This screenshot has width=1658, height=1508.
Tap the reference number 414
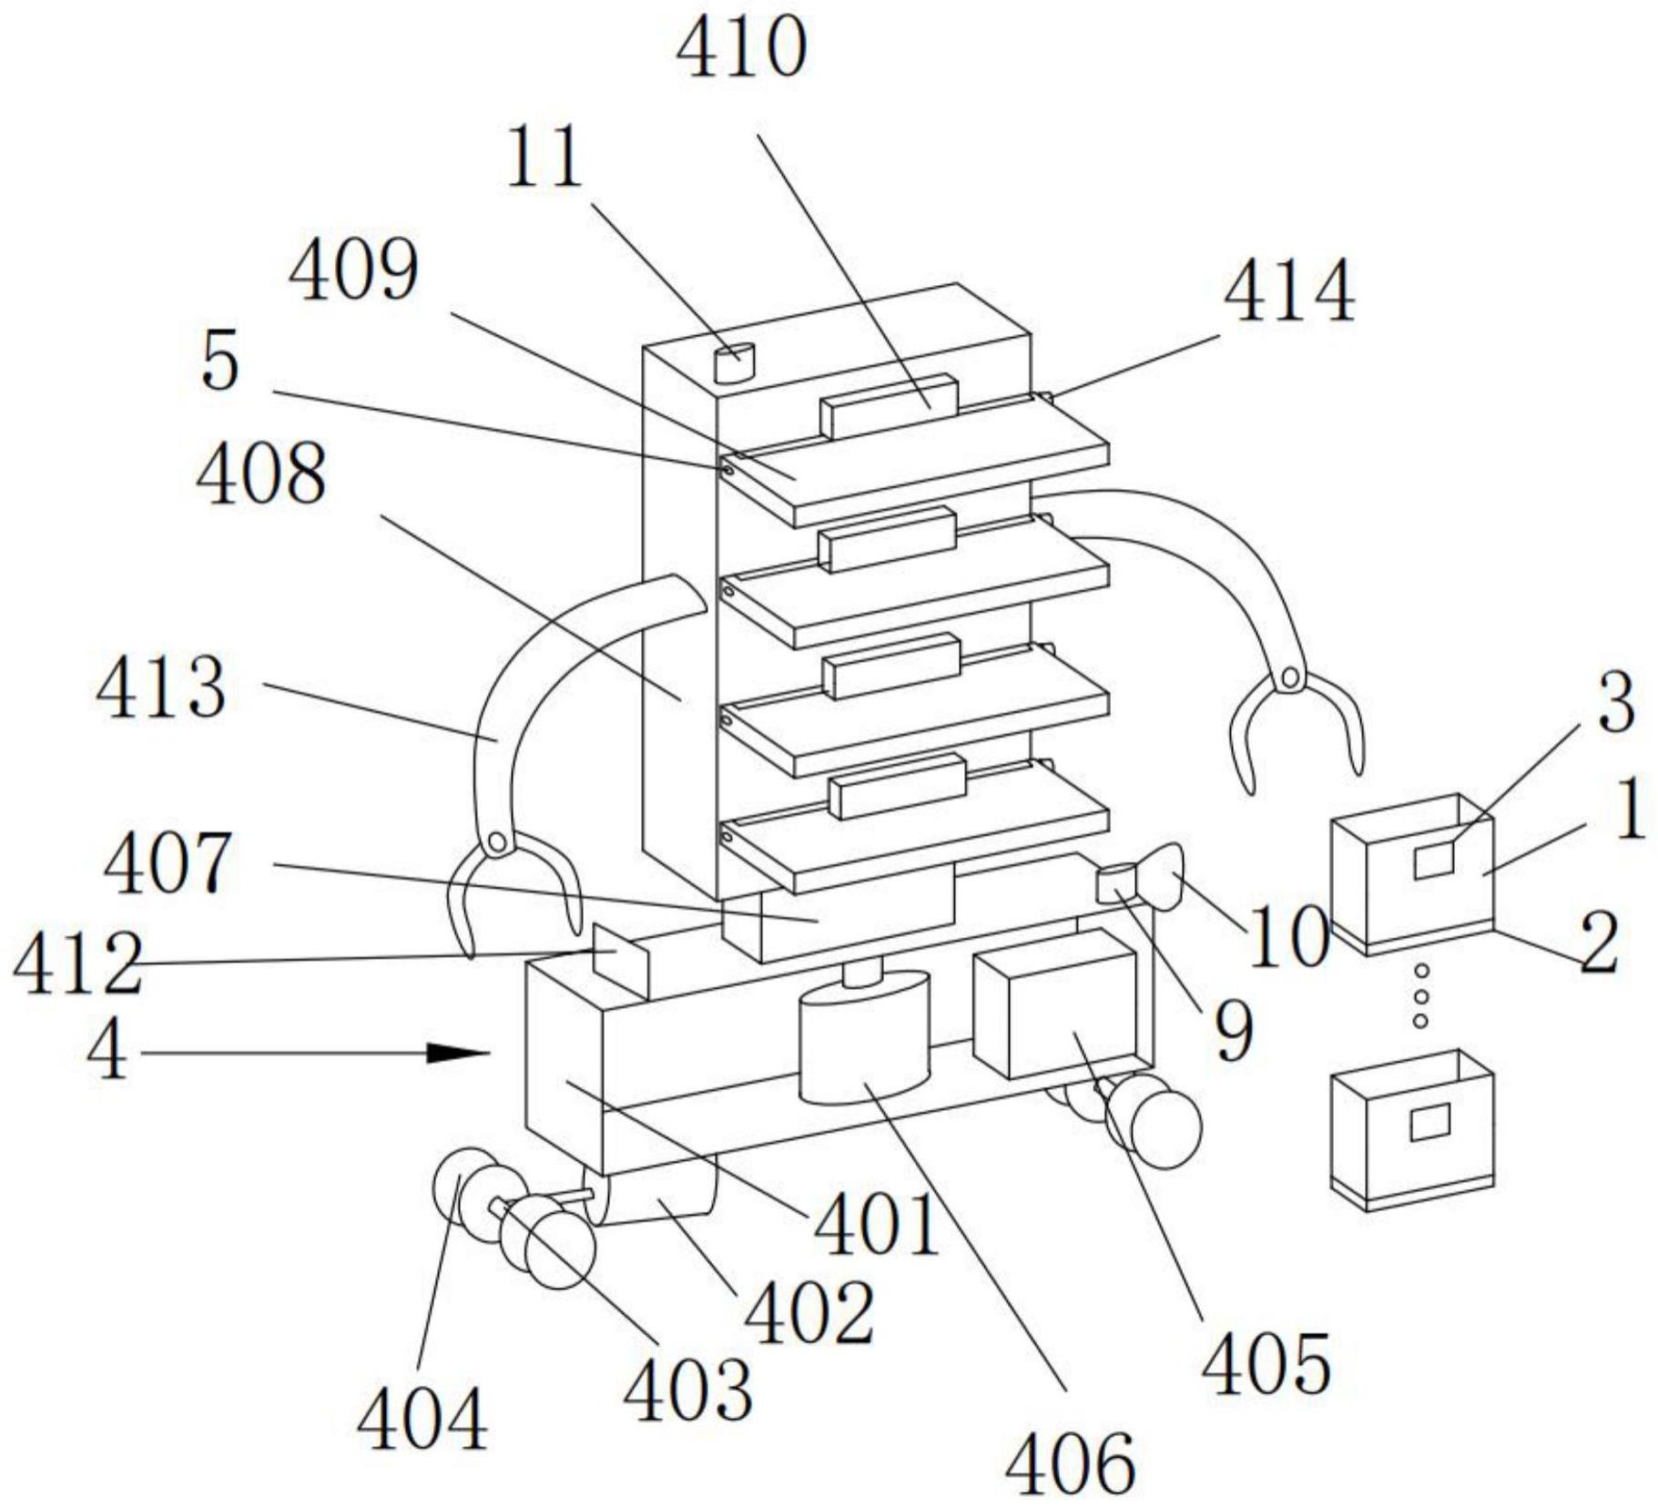point(1287,293)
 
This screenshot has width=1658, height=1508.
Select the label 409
point(353,270)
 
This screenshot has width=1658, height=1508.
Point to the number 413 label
point(160,689)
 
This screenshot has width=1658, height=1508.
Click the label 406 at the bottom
point(1070,1462)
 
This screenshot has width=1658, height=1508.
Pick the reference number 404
point(422,1418)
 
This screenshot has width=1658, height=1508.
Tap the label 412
point(76,963)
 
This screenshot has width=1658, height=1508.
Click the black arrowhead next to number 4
point(460,1053)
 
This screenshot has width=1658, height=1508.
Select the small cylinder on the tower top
point(734,362)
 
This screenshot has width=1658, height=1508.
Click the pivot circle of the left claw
point(496,842)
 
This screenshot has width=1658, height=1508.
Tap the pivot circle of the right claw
point(1289,677)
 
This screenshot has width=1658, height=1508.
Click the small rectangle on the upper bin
point(1433,859)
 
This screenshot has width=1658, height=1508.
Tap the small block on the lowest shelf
point(897,785)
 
